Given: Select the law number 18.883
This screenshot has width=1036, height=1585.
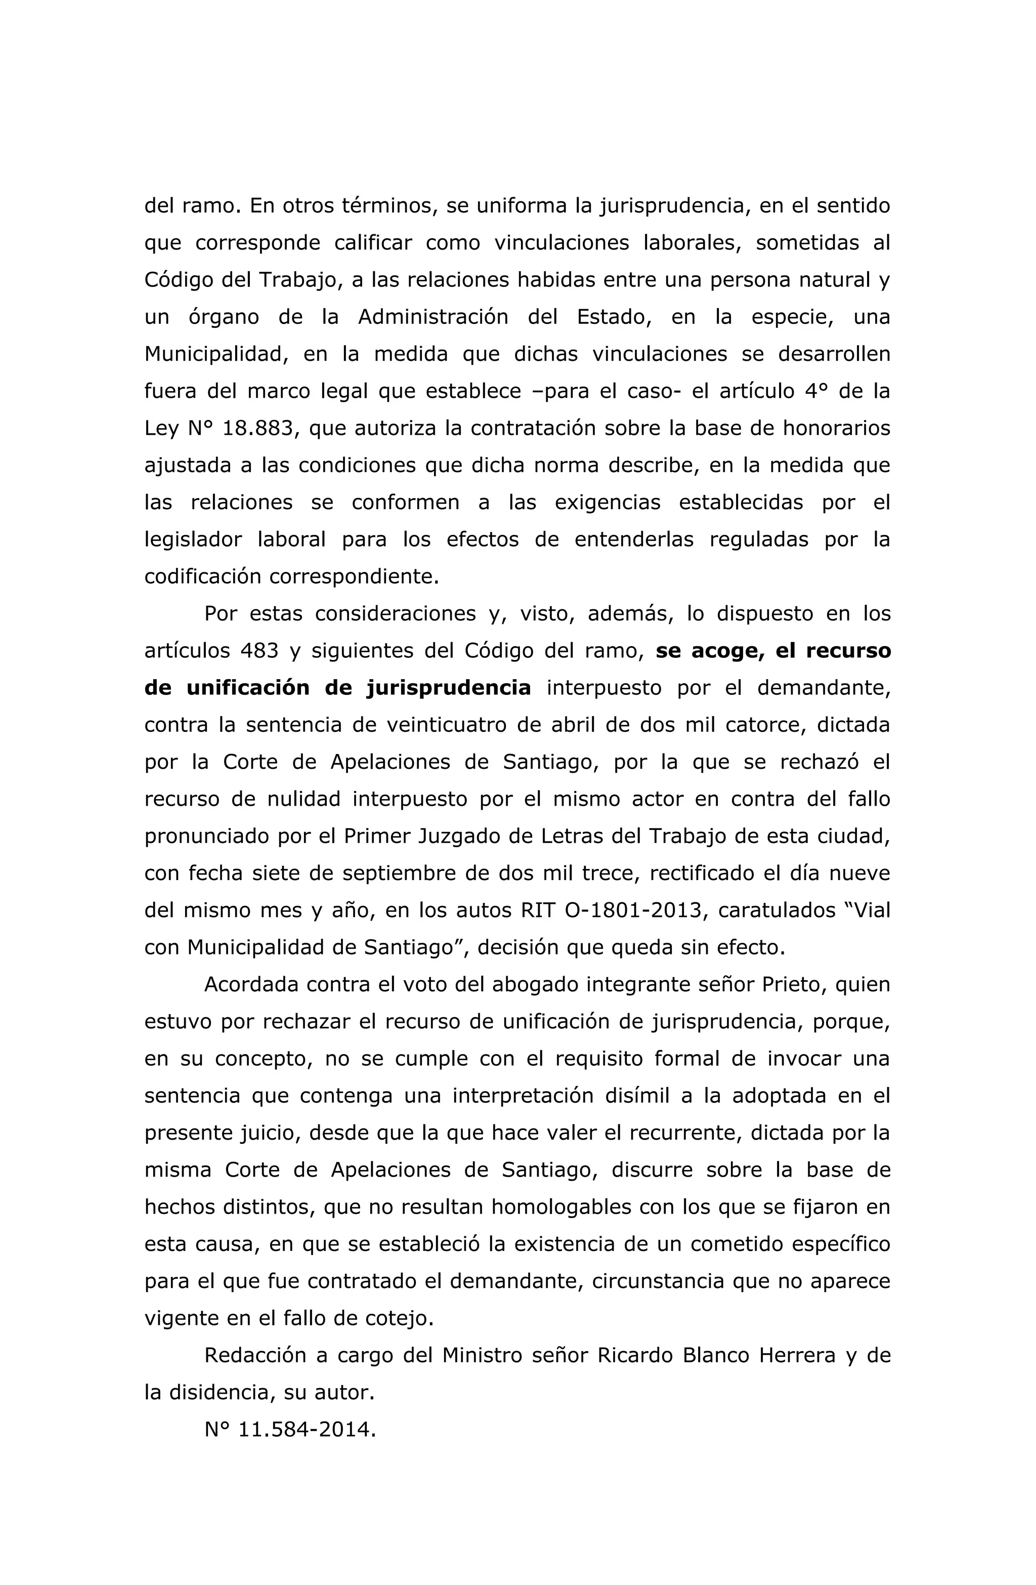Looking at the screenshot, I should pos(257,428).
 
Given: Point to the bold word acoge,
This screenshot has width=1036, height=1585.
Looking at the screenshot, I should pos(720,651).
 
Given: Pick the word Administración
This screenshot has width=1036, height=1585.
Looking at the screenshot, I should pos(433,316).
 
